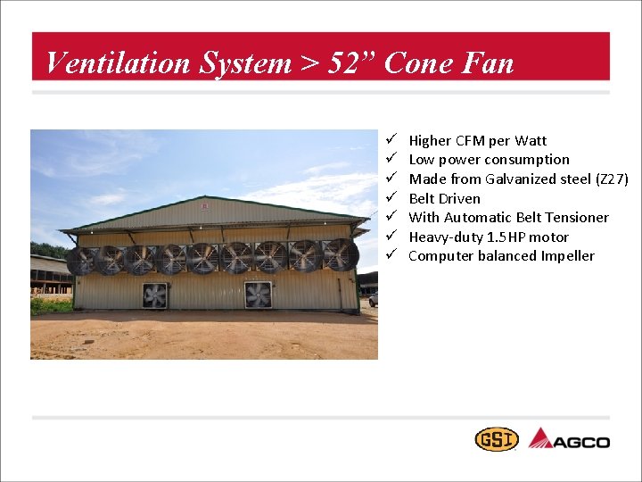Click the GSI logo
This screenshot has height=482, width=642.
click(496, 439)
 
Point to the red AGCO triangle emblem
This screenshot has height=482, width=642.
click(541, 438)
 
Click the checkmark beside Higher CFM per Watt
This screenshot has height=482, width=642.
click(391, 140)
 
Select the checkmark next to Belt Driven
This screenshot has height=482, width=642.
click(391, 198)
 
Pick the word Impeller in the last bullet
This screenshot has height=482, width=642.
click(567, 256)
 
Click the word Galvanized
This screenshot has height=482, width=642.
click(523, 179)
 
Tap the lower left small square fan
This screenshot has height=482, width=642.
click(154, 295)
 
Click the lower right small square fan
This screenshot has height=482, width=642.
click(258, 295)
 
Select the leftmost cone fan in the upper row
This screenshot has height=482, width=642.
click(81, 261)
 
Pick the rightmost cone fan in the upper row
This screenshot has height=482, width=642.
click(340, 254)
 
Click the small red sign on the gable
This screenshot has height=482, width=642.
click(205, 207)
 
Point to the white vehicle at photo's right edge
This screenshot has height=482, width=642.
click(373, 299)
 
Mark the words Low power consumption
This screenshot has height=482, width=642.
click(489, 160)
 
